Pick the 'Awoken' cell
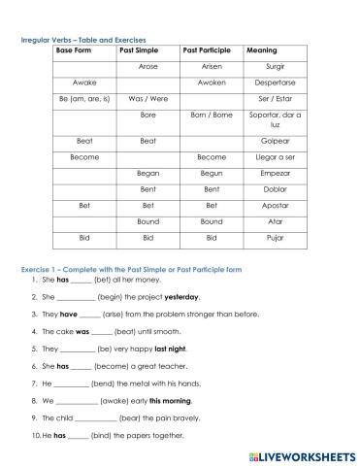212,83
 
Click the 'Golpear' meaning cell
276,141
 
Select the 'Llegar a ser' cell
276,157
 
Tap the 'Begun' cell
212,173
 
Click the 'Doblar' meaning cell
276,189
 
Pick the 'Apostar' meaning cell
276,206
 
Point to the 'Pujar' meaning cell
276,238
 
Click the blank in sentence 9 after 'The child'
94,418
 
